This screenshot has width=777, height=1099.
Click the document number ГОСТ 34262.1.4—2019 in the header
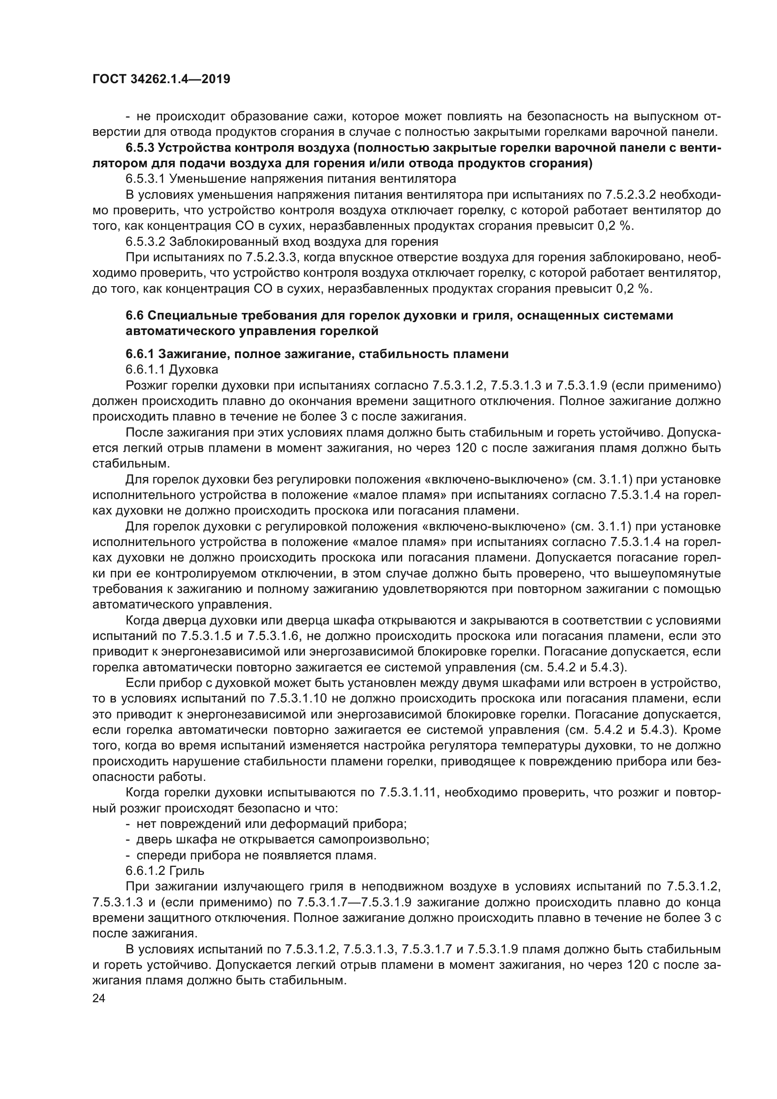[161, 79]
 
